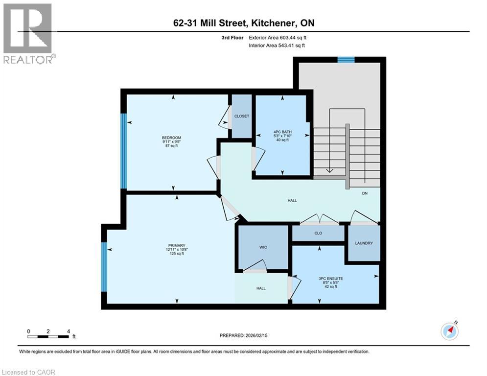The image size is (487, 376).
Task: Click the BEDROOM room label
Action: pos(172,137)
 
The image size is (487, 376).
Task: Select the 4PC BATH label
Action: pos(281,131)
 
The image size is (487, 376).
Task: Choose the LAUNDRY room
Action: pos(364,243)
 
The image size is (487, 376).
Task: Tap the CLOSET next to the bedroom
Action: pos(241,116)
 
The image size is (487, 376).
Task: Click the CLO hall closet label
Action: pos(318,234)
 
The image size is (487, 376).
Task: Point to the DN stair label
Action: pos(365,193)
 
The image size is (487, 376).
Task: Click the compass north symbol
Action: pos(449,331)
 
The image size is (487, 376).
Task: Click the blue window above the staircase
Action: pos(346,60)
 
